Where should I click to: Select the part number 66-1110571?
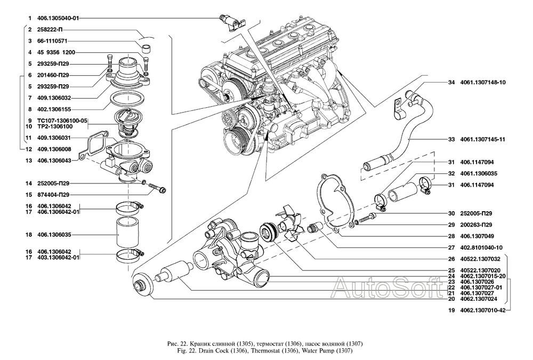click(52, 41)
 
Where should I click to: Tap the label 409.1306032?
click(55, 98)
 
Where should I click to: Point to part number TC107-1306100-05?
click(62, 121)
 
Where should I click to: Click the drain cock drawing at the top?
click(233, 21)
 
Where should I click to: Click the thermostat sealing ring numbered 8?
click(127, 100)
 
